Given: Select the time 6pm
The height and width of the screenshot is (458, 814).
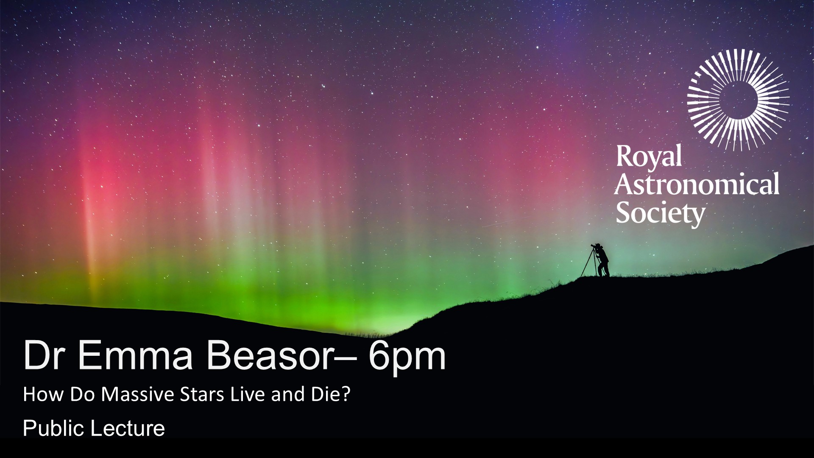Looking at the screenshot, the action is tap(407, 358).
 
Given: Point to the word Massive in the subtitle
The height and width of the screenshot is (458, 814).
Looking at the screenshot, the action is tap(138, 394).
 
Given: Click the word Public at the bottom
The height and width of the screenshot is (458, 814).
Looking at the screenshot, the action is tap(53, 428).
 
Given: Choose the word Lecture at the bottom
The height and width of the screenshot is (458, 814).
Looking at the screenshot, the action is tap(127, 428).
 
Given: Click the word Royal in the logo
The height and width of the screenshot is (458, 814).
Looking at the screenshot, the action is tap(649, 157).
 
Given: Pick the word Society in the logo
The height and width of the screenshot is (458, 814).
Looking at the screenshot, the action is tap(660, 213).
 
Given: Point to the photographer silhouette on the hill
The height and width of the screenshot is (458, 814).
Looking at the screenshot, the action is tap(602, 260).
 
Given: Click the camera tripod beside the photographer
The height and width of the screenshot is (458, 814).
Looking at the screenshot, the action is tap(589, 263).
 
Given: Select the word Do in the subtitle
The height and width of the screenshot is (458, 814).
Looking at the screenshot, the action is tap(83, 394).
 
